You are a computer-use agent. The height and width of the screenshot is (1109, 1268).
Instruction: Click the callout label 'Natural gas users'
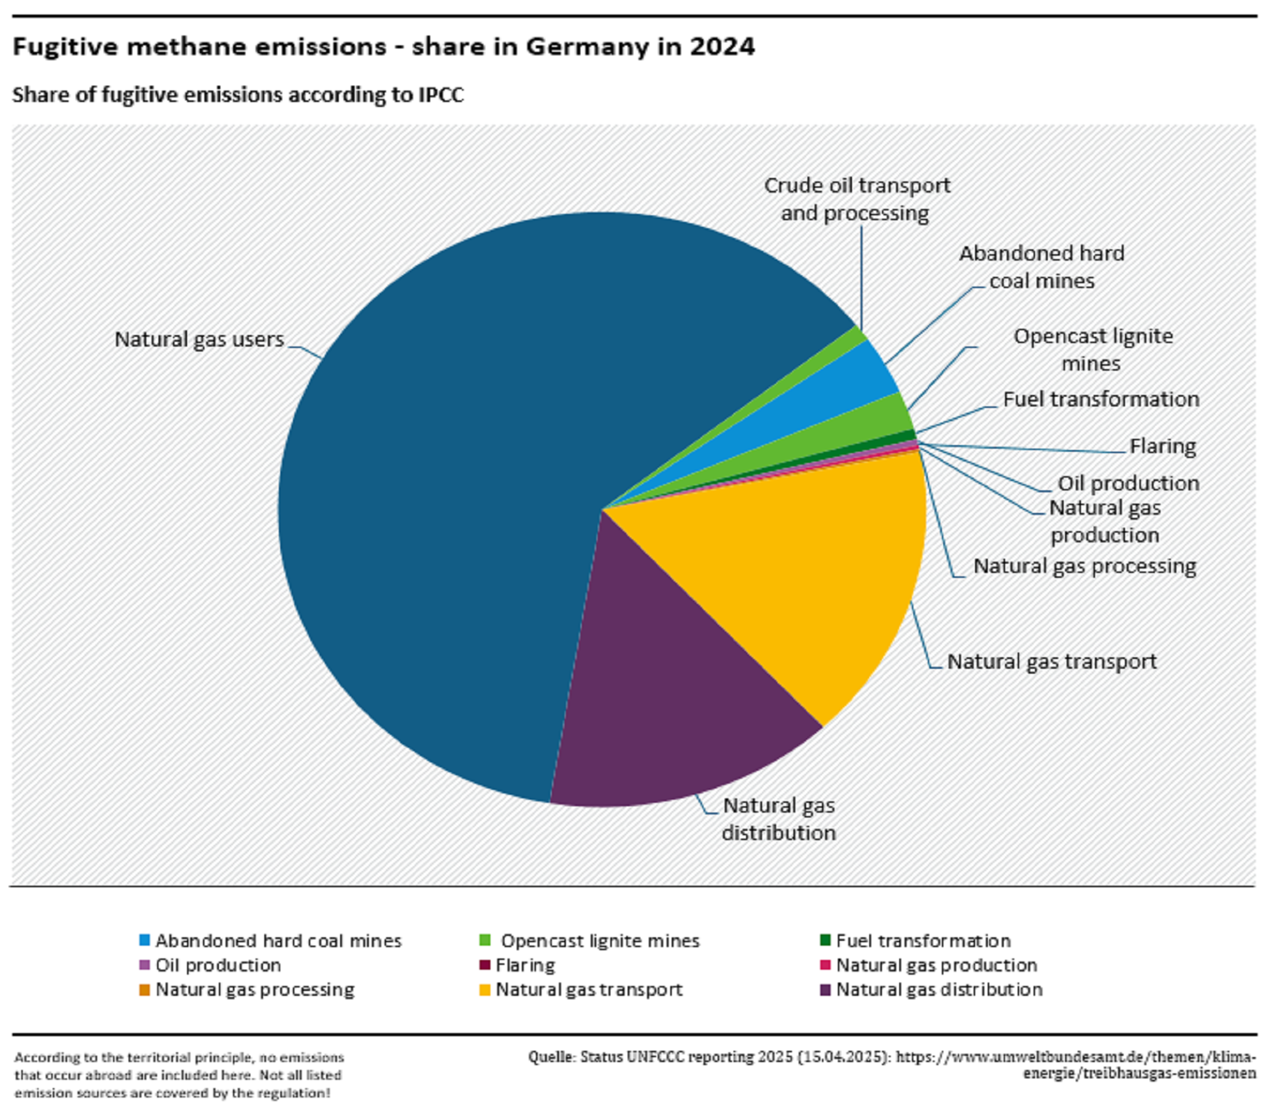(x=199, y=340)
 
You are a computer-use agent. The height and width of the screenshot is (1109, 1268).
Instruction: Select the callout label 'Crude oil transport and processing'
(x=857, y=199)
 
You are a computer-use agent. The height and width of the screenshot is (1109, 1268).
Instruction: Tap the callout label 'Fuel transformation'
(x=1101, y=400)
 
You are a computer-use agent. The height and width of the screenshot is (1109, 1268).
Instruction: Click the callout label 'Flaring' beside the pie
(x=1162, y=446)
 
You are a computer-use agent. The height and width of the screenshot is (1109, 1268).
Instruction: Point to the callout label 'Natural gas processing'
(x=1084, y=566)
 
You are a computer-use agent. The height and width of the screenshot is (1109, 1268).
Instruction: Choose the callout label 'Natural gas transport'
(x=1051, y=661)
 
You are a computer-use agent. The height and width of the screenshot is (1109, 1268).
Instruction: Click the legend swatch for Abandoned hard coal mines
(x=144, y=941)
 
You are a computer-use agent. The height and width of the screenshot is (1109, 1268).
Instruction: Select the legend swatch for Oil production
(x=144, y=965)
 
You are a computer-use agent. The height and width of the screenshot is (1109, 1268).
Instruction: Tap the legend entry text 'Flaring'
(x=525, y=965)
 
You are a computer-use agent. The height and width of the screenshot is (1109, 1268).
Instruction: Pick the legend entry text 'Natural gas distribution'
(x=939, y=990)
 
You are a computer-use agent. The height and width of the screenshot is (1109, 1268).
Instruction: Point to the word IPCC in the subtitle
(x=441, y=95)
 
